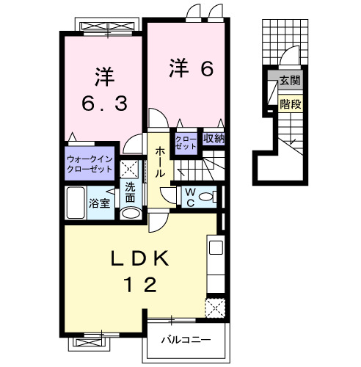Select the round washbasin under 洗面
(130, 212)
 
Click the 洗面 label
(130, 192)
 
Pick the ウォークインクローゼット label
(89, 164)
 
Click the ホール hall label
(159, 161)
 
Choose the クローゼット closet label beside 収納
(184, 142)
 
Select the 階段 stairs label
(289, 103)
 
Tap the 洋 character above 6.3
(102, 76)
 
